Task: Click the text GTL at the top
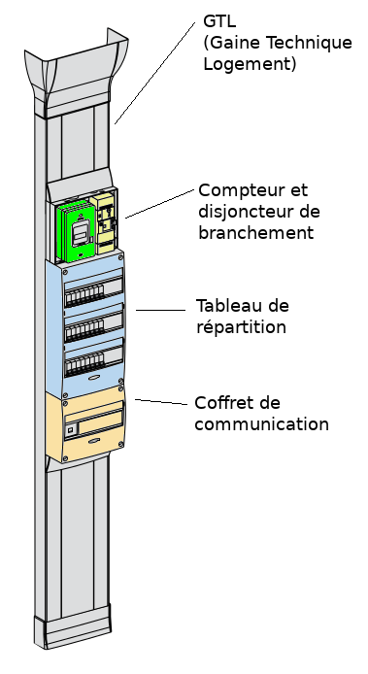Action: [x=219, y=20]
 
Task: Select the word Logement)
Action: [x=250, y=64]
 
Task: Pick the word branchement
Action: [x=255, y=232]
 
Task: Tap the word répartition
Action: [x=241, y=327]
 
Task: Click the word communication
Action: [x=261, y=424]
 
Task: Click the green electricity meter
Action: [x=77, y=231]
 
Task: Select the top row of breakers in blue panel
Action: [x=84, y=294]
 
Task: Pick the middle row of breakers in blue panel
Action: [x=84, y=329]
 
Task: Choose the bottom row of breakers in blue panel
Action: [x=84, y=365]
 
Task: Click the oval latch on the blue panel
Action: [x=94, y=378]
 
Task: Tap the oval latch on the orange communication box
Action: [x=94, y=441]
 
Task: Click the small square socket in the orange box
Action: [x=71, y=428]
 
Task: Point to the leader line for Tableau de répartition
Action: [x=160, y=310]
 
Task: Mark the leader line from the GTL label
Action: [x=154, y=73]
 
